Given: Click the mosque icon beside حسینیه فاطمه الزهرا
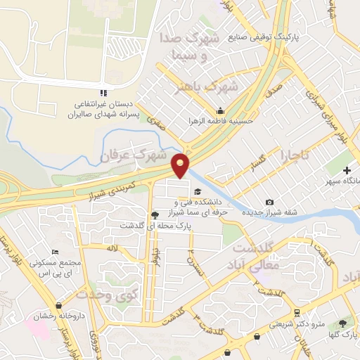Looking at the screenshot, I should pyautogui.click(x=220, y=110).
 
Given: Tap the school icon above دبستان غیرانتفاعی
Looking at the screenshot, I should pyautogui.click(x=103, y=93).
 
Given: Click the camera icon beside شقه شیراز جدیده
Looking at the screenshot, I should pyautogui.click(x=270, y=202).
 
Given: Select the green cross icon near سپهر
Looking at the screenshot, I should pyautogui.click(x=347, y=171).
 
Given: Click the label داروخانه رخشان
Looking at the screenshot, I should pyautogui.click(x=63, y=316).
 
